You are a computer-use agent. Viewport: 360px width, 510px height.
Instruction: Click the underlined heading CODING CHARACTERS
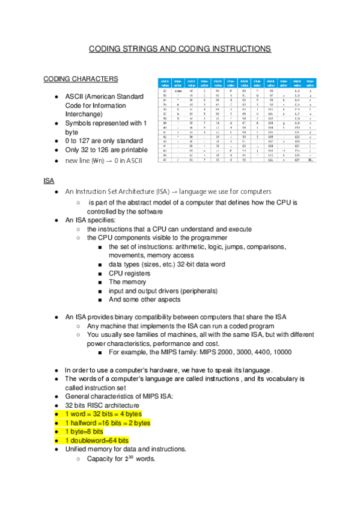coord(81,79)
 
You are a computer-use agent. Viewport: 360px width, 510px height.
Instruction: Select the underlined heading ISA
coord(49,180)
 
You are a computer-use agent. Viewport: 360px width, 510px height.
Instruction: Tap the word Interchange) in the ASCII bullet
coord(85,114)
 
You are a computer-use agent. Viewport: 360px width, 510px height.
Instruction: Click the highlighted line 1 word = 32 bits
coord(103,414)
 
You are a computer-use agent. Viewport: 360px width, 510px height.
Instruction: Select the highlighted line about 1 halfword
coord(107,423)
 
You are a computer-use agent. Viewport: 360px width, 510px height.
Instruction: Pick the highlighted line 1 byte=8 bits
coord(84,432)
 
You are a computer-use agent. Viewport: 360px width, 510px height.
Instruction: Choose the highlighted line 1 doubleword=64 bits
coord(97,441)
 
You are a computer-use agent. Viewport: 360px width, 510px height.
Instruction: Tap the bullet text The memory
coord(127,281)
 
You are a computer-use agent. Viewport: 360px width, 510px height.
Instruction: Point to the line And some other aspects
coord(144,299)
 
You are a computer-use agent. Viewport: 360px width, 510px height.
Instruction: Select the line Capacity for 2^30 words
coord(121,459)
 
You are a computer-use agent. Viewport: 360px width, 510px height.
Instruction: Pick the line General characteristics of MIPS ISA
coord(118,396)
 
